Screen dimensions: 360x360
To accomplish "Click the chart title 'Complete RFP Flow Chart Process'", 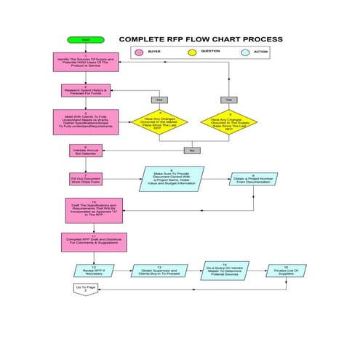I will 201,39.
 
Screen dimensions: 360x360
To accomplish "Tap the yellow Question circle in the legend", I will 193,52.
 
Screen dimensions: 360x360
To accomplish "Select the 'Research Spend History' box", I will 84,91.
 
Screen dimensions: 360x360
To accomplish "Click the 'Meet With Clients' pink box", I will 84,121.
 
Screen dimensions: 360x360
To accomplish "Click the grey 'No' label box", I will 192,151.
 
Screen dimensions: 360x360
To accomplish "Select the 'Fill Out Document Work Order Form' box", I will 84,179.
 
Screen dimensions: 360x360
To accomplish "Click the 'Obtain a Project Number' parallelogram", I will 253,179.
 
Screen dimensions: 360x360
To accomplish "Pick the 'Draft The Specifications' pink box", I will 84,210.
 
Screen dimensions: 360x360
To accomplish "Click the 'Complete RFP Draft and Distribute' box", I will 84,241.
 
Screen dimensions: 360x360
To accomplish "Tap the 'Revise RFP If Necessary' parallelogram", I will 92,271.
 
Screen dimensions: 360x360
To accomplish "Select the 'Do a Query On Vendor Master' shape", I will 223,271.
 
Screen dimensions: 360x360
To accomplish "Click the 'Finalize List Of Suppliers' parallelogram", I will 285,271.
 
